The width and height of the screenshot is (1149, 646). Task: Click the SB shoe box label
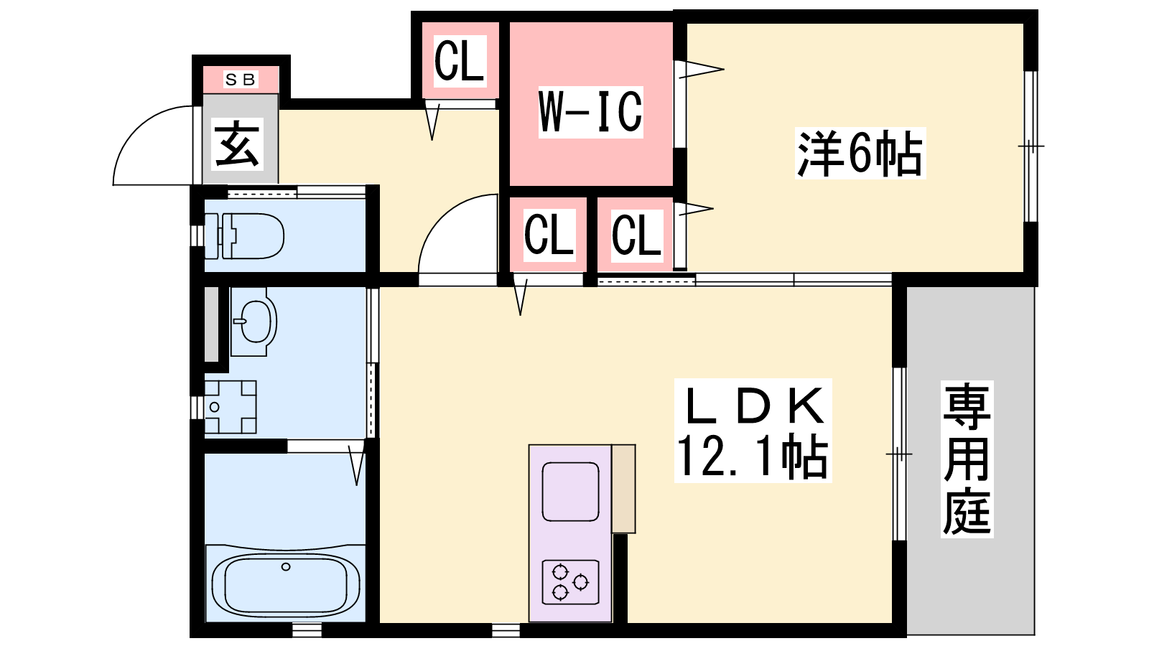click(x=241, y=80)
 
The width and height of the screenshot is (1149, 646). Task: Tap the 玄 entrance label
click(x=237, y=144)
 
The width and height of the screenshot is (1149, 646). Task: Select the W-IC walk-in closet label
click(x=590, y=111)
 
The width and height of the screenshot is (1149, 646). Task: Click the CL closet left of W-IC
click(x=460, y=61)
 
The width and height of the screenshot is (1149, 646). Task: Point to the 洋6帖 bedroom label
click(x=860, y=153)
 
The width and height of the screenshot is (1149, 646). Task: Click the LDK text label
click(x=753, y=405)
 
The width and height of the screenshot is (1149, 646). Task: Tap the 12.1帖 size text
click(x=753, y=457)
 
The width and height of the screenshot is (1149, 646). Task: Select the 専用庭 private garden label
click(x=967, y=459)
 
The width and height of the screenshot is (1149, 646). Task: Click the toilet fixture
click(x=244, y=236)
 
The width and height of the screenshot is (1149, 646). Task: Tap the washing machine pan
click(x=231, y=407)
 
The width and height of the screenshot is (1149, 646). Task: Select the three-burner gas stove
click(x=570, y=582)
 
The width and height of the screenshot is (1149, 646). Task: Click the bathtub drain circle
click(x=286, y=566)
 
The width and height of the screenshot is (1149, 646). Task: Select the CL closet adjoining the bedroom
click(x=637, y=235)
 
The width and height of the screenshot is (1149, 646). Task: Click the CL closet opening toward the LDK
click(x=549, y=235)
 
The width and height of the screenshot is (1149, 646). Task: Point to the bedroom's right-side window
click(x=1031, y=146)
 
